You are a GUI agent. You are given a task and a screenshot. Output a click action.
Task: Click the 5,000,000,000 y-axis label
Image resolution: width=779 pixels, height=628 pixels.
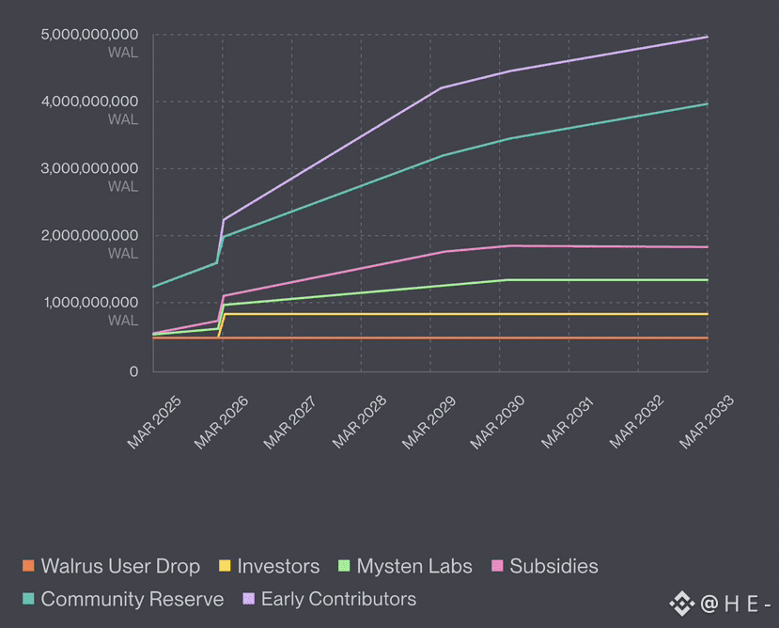pyautogui.click(x=89, y=35)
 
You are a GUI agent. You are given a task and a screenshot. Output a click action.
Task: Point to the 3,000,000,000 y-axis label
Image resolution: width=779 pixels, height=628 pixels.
pyautogui.click(x=89, y=168)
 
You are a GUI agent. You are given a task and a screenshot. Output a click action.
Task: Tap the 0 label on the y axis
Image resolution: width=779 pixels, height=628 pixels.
pyautogui.click(x=132, y=372)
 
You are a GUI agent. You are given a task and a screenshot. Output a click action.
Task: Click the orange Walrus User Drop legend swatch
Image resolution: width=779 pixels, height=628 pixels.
pyautogui.click(x=27, y=566)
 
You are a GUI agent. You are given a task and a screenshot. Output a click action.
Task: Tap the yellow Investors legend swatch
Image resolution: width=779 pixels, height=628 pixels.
pyautogui.click(x=225, y=566)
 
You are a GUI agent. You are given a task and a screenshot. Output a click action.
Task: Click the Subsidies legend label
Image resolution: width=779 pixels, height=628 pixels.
pyautogui.click(x=553, y=566)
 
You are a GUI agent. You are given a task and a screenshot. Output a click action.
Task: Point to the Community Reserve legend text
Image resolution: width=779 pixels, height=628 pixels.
pyautogui.click(x=132, y=599)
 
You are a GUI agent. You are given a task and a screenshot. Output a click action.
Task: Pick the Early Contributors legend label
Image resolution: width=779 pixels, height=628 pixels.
pyautogui.click(x=338, y=599)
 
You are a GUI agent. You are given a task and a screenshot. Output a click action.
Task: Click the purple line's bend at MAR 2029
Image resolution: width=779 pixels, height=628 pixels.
pyautogui.click(x=441, y=88)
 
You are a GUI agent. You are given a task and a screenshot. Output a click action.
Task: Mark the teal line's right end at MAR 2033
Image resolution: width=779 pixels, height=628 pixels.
pyautogui.click(x=707, y=103)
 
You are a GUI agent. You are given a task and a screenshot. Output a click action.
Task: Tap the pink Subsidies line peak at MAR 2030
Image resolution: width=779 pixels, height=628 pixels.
pyautogui.click(x=509, y=246)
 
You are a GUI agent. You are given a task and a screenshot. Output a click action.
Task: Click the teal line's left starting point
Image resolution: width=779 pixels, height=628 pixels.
pyautogui.click(x=153, y=287)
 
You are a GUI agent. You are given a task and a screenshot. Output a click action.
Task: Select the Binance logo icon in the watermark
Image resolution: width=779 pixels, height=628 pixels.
pyautogui.click(x=681, y=604)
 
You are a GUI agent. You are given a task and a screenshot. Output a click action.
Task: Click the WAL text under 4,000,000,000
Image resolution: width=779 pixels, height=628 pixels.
pyautogui.click(x=123, y=119)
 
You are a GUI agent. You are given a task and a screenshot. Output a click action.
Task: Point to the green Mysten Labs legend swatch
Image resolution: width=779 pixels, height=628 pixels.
pyautogui.click(x=344, y=566)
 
